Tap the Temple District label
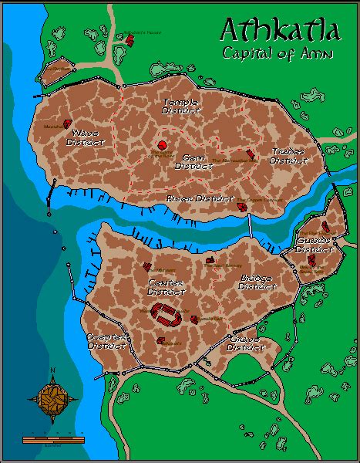[180, 106]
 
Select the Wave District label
[85, 137]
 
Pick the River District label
[190, 198]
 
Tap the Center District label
[167, 286]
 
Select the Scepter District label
[106, 341]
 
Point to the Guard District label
[313, 245]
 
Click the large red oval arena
[167, 313]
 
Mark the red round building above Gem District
[163, 145]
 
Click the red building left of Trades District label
[250, 154]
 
